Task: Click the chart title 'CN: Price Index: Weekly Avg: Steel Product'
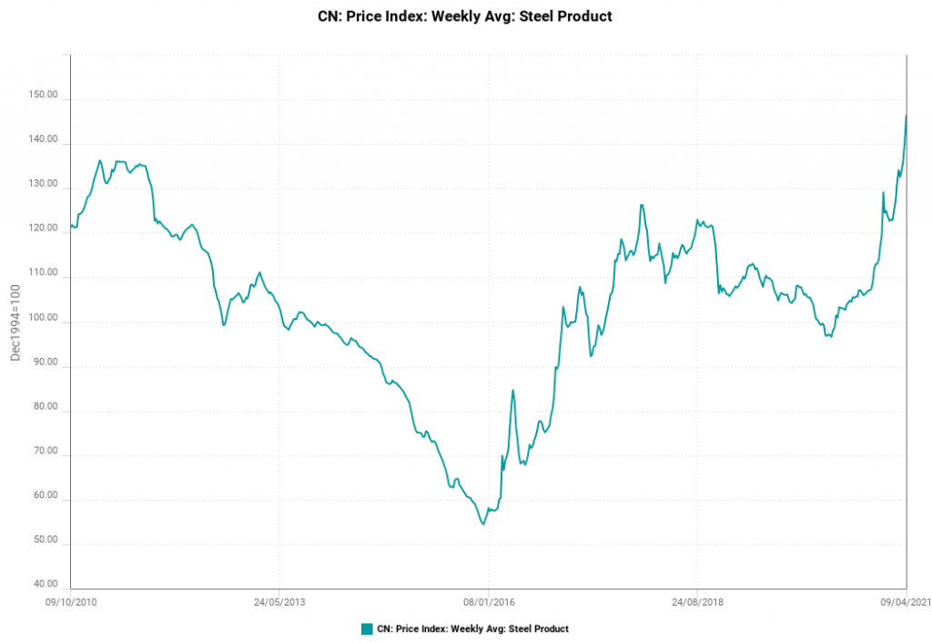(465, 16)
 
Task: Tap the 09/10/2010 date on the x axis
(71, 602)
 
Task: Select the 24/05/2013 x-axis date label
(279, 602)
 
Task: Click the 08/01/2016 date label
(489, 602)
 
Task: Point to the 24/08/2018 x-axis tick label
(698, 602)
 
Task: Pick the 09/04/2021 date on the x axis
(905, 602)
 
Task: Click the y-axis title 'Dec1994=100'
(15, 322)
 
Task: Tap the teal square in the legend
(367, 628)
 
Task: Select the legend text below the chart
(472, 628)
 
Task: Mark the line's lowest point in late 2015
(483, 524)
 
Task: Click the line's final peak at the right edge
(907, 116)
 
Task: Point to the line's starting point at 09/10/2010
(71, 225)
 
